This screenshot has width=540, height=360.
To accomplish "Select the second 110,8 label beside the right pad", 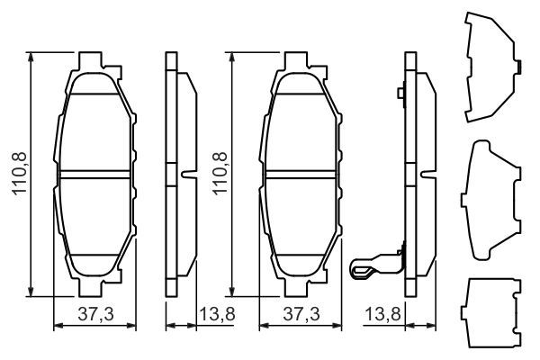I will pyautogui.click(x=220, y=172).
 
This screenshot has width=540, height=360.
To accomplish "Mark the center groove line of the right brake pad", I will pyautogui.click(x=301, y=172).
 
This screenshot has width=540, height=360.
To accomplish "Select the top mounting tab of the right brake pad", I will pyautogui.click(x=301, y=61).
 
